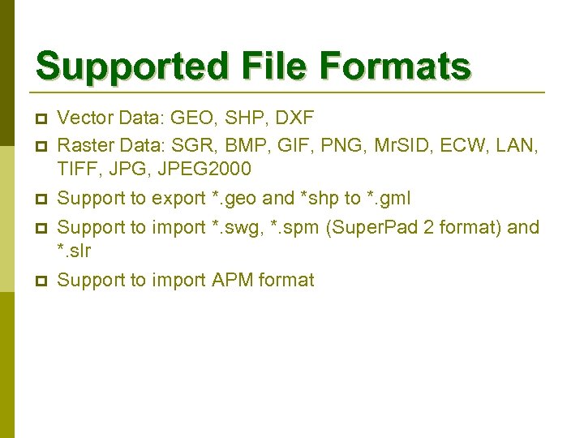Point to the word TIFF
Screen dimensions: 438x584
coord(77,169)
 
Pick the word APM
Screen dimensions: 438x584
coord(233,281)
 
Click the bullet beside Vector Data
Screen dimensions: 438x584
coord(42,119)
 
